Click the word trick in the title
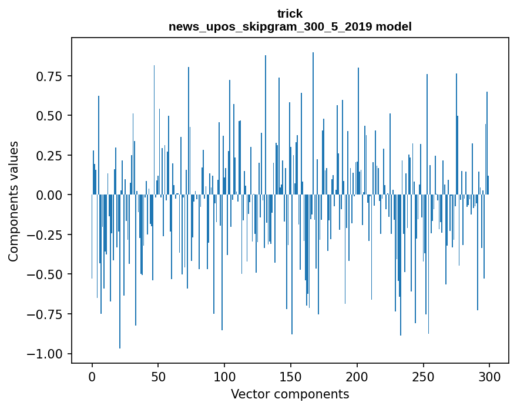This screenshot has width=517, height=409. (290, 14)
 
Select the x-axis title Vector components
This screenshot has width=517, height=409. (290, 394)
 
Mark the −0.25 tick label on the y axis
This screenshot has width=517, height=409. (47, 235)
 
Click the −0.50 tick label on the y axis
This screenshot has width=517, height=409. (47, 274)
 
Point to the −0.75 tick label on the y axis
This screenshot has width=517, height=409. (47, 314)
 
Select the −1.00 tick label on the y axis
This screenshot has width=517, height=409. (47, 354)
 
